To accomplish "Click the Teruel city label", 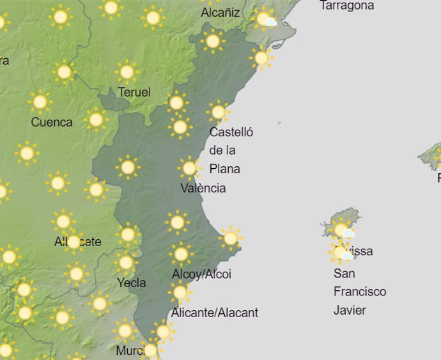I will point(134,92).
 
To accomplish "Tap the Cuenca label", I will point(52,122).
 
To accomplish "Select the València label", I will point(203,188).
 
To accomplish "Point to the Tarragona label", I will point(347,6).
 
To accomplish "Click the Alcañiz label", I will point(220,13).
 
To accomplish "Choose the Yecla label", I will point(132,283).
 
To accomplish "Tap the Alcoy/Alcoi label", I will point(201,274).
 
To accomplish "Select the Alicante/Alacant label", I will point(215,313).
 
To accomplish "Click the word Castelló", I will point(231,132).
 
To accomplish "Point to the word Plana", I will point(225,169).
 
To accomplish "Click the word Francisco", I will point(360,292).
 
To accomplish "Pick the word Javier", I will point(350,310).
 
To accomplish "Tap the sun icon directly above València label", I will point(189,168).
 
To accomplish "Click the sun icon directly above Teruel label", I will point(127,72).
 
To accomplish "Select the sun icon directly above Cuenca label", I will point(40,101).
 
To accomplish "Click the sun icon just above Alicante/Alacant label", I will point(180,292).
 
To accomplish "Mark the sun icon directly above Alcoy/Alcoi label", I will point(181,254).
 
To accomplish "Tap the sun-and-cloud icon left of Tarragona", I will point(265,19).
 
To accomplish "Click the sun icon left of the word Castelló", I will point(180,127).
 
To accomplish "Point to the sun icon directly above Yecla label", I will point(126,262).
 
